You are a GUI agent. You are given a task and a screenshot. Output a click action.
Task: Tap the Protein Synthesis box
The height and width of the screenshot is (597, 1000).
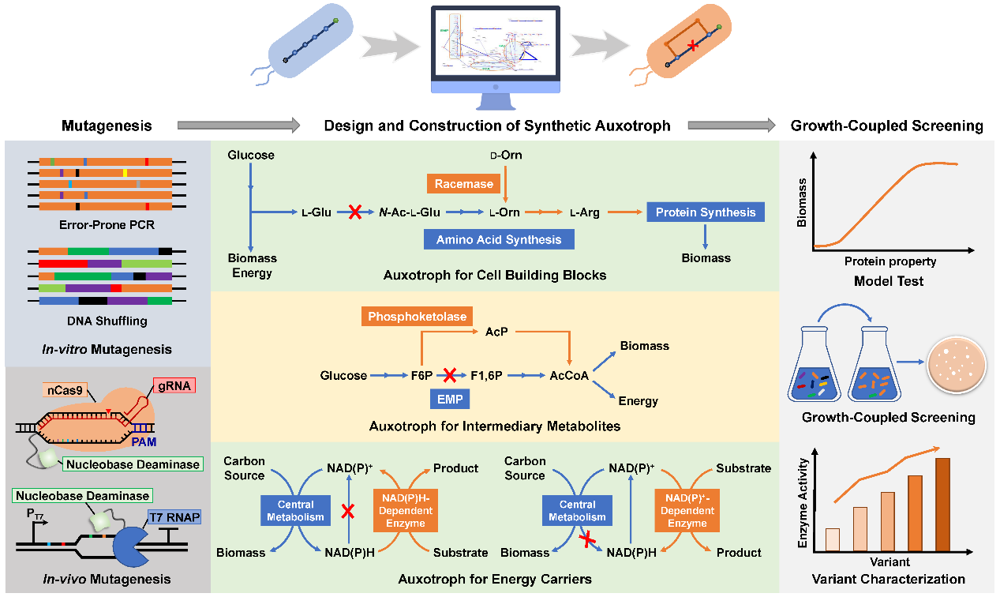point(706,212)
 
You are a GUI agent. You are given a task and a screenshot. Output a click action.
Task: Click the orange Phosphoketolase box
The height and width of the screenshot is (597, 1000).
point(416,317)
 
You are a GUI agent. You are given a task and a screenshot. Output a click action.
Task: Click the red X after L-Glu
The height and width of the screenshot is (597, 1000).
point(355,212)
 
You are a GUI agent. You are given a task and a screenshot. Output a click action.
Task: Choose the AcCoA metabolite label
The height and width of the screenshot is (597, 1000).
point(570,376)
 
